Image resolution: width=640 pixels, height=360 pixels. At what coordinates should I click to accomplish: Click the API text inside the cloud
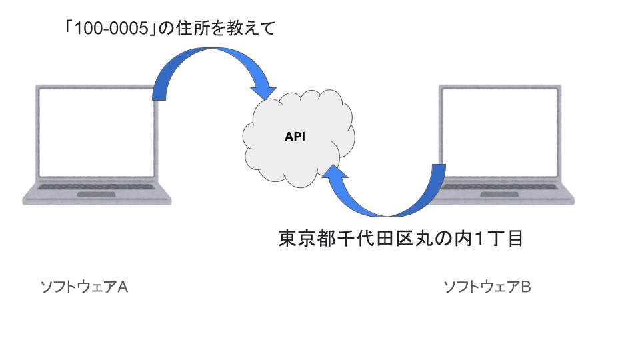pos(295,137)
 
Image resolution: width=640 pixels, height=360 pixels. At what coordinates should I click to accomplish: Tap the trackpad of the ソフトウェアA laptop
pos(95,195)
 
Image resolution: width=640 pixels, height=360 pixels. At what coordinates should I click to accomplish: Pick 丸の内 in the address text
pos(441,239)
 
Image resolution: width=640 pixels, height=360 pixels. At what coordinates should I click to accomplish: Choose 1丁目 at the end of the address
pos(497,239)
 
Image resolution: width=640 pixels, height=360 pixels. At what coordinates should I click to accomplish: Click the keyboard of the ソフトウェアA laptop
pos(95,186)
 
